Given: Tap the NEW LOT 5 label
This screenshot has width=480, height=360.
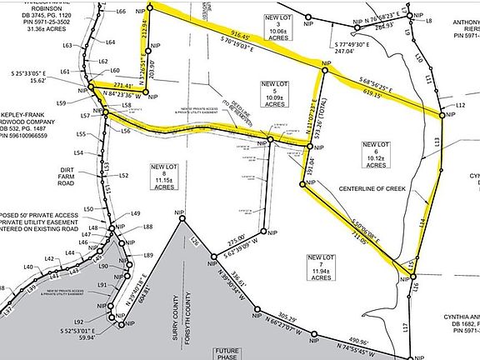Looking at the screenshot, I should (274, 90).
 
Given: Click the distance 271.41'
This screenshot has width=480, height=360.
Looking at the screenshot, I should (122, 85).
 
